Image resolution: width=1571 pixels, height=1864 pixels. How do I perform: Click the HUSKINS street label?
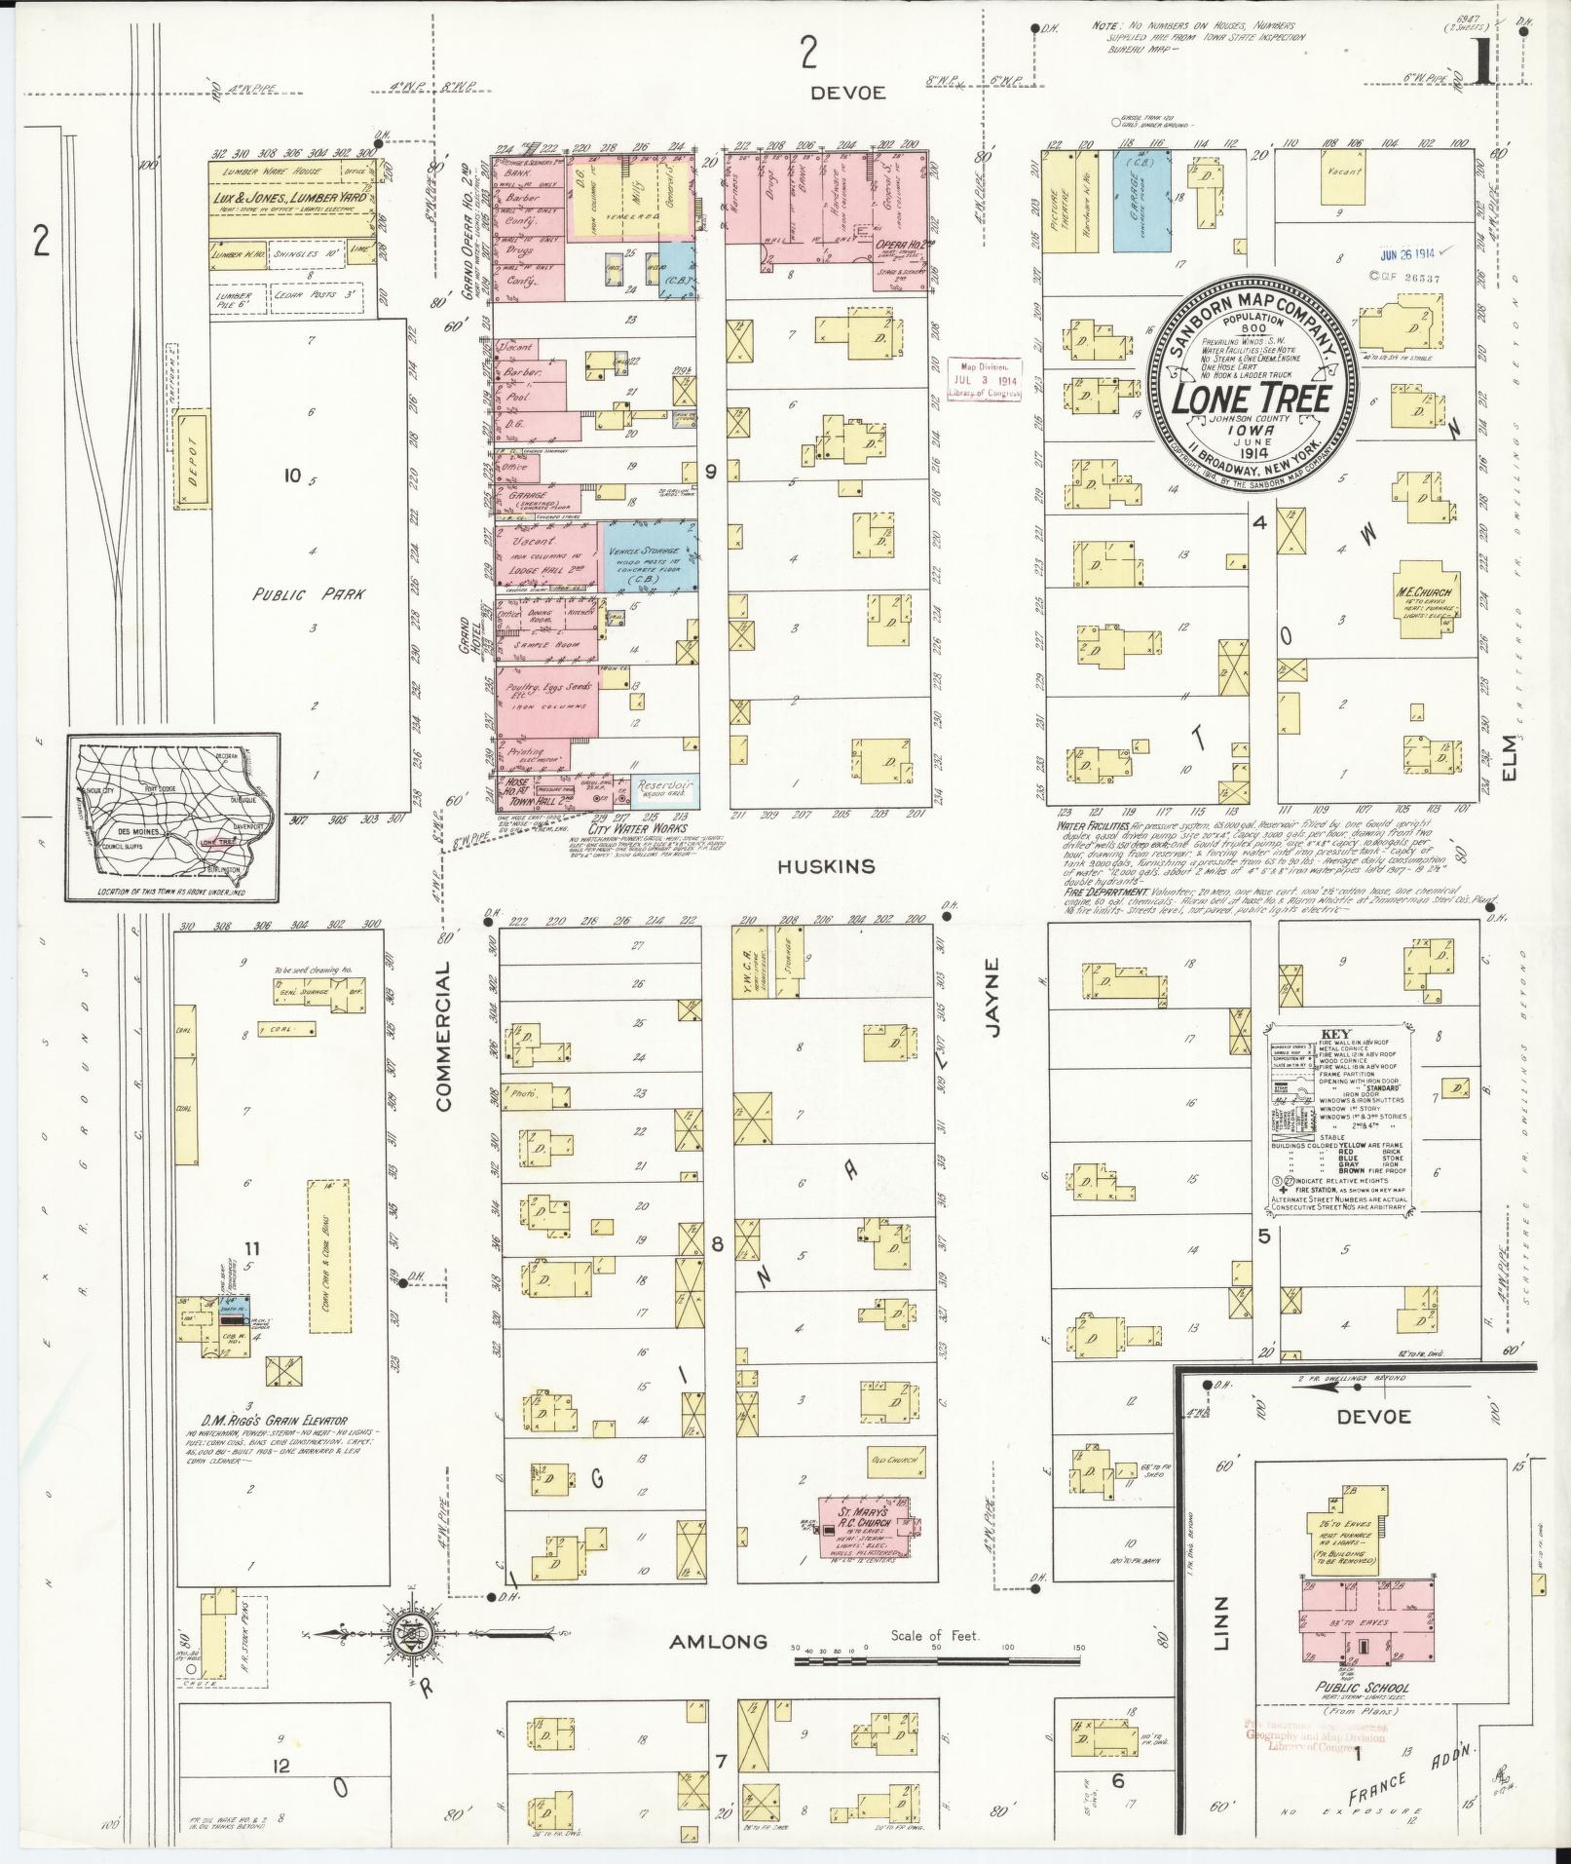coord(827,865)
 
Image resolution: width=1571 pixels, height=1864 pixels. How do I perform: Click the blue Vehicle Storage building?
coord(651,555)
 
